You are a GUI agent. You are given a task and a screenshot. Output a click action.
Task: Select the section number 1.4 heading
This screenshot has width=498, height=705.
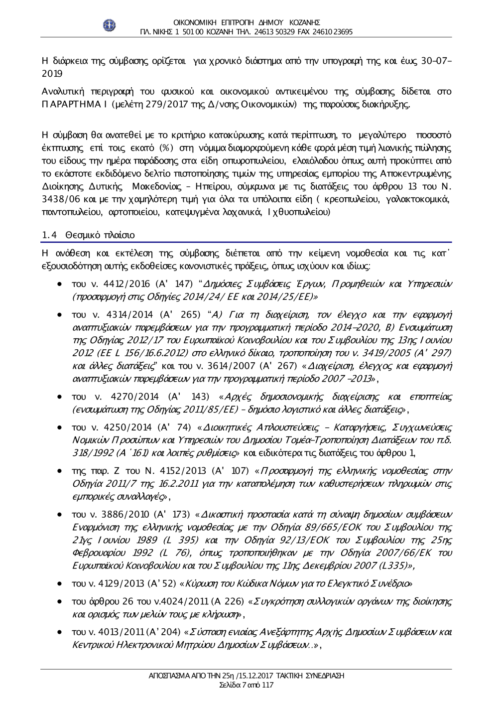coord(48,234)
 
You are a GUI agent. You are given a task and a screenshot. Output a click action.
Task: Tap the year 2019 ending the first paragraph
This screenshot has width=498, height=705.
coord(51,74)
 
